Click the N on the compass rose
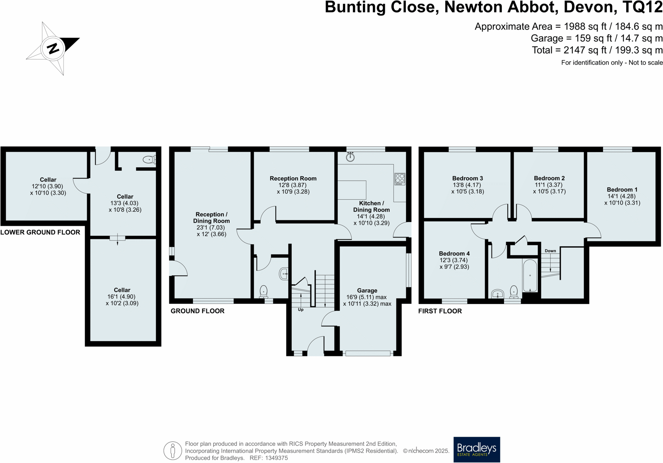(x=53, y=48)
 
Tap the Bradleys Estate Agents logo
(x=477, y=449)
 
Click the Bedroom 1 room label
(x=622, y=189)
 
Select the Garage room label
(x=367, y=290)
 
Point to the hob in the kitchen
(x=400, y=179)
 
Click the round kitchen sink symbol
(x=350, y=157)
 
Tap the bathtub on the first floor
(x=530, y=276)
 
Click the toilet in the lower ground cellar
(x=149, y=159)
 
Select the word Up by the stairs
(x=301, y=310)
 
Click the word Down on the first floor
(x=550, y=251)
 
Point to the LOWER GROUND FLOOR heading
(x=40, y=232)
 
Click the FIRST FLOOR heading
(x=440, y=311)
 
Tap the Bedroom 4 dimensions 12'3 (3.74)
(x=454, y=260)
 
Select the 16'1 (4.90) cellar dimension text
(x=122, y=296)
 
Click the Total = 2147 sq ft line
(x=597, y=50)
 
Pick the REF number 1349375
(x=275, y=458)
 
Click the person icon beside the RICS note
(x=173, y=450)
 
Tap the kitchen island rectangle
(x=352, y=190)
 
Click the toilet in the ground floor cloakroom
(x=263, y=291)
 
